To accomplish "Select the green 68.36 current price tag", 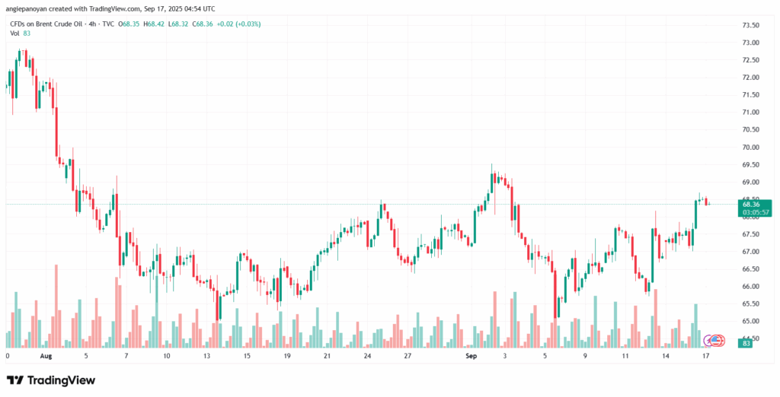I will click(750, 204).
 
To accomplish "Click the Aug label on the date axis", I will click(46, 355).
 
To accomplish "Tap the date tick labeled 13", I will click(206, 355).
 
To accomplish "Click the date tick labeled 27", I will click(408, 355).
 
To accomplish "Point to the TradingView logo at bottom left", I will click(51, 380).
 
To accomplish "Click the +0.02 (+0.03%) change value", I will click(239, 24).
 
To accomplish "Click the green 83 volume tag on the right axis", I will click(748, 343).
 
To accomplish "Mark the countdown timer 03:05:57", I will click(750, 212).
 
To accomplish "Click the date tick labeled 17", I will click(705, 355).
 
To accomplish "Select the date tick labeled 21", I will click(327, 355).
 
